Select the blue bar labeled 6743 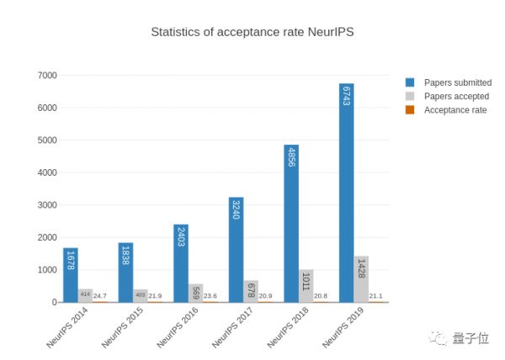[x=346, y=193]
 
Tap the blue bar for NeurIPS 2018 [x=291, y=223]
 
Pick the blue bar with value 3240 [x=236, y=249]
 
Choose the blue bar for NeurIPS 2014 [x=71, y=274]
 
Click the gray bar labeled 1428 [x=361, y=278]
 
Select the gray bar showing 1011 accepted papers [x=306, y=285]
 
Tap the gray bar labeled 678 [x=251, y=291]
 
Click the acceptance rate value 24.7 [x=100, y=296]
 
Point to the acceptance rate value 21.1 [x=375, y=296]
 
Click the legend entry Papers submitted [x=457, y=82]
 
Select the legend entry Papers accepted [x=456, y=96]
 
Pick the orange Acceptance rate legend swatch [x=410, y=110]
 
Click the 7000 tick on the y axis [x=46, y=76]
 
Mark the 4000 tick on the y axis [x=46, y=172]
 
